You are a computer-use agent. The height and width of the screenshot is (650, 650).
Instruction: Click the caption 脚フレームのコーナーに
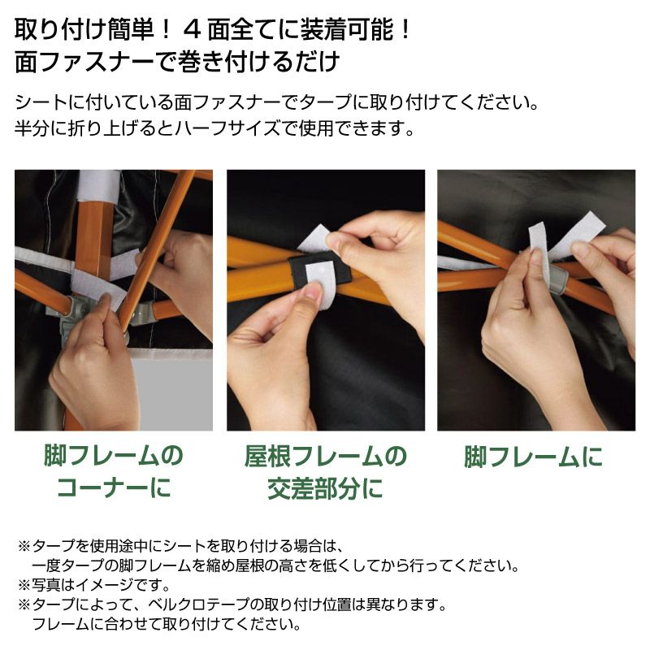[113, 471]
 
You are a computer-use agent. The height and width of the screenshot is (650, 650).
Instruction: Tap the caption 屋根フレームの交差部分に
[326, 472]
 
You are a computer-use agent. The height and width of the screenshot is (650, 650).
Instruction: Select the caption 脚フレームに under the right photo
[533, 457]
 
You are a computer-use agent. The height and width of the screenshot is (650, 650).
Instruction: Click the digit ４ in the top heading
[192, 30]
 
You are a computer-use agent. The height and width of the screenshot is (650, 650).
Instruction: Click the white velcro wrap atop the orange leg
[98, 185]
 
